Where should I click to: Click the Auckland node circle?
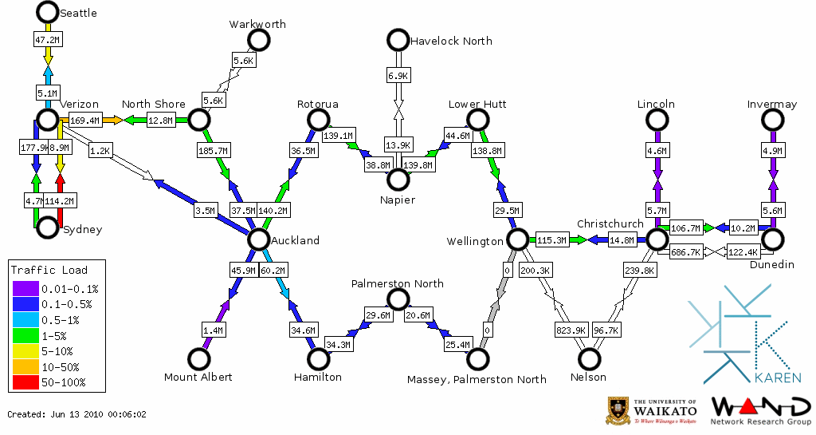(258, 239)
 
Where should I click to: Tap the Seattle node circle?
(47, 12)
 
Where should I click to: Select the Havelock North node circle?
(398, 40)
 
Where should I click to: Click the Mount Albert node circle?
(198, 359)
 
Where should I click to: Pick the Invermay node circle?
(772, 120)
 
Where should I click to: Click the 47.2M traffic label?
(47, 38)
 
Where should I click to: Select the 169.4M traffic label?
(84, 121)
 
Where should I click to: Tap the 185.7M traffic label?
(212, 149)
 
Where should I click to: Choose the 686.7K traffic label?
(685, 252)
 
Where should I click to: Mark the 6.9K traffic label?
(398, 75)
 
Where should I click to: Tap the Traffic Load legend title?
(49, 270)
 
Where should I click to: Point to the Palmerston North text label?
(398, 283)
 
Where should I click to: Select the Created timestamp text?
(76, 415)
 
